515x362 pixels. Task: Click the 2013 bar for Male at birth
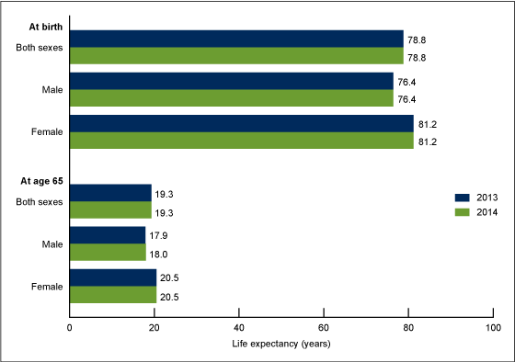click(x=231, y=81)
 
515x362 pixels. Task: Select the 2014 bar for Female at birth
click(x=241, y=141)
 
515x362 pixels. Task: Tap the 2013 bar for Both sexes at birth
click(x=236, y=38)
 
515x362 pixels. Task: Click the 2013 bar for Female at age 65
click(x=113, y=277)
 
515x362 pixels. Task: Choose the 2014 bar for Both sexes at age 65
click(x=110, y=209)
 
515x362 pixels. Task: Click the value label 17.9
click(x=158, y=235)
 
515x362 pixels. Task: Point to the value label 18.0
click(x=158, y=252)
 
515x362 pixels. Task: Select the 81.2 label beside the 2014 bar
click(x=427, y=141)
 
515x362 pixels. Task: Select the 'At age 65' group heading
click(x=40, y=181)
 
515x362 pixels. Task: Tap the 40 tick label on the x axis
click(x=239, y=327)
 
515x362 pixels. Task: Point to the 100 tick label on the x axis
click(x=493, y=327)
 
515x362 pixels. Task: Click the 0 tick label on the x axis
click(x=70, y=327)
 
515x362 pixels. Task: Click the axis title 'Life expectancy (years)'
click(x=282, y=344)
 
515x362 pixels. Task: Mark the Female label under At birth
click(x=47, y=132)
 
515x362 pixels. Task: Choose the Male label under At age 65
click(x=51, y=243)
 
